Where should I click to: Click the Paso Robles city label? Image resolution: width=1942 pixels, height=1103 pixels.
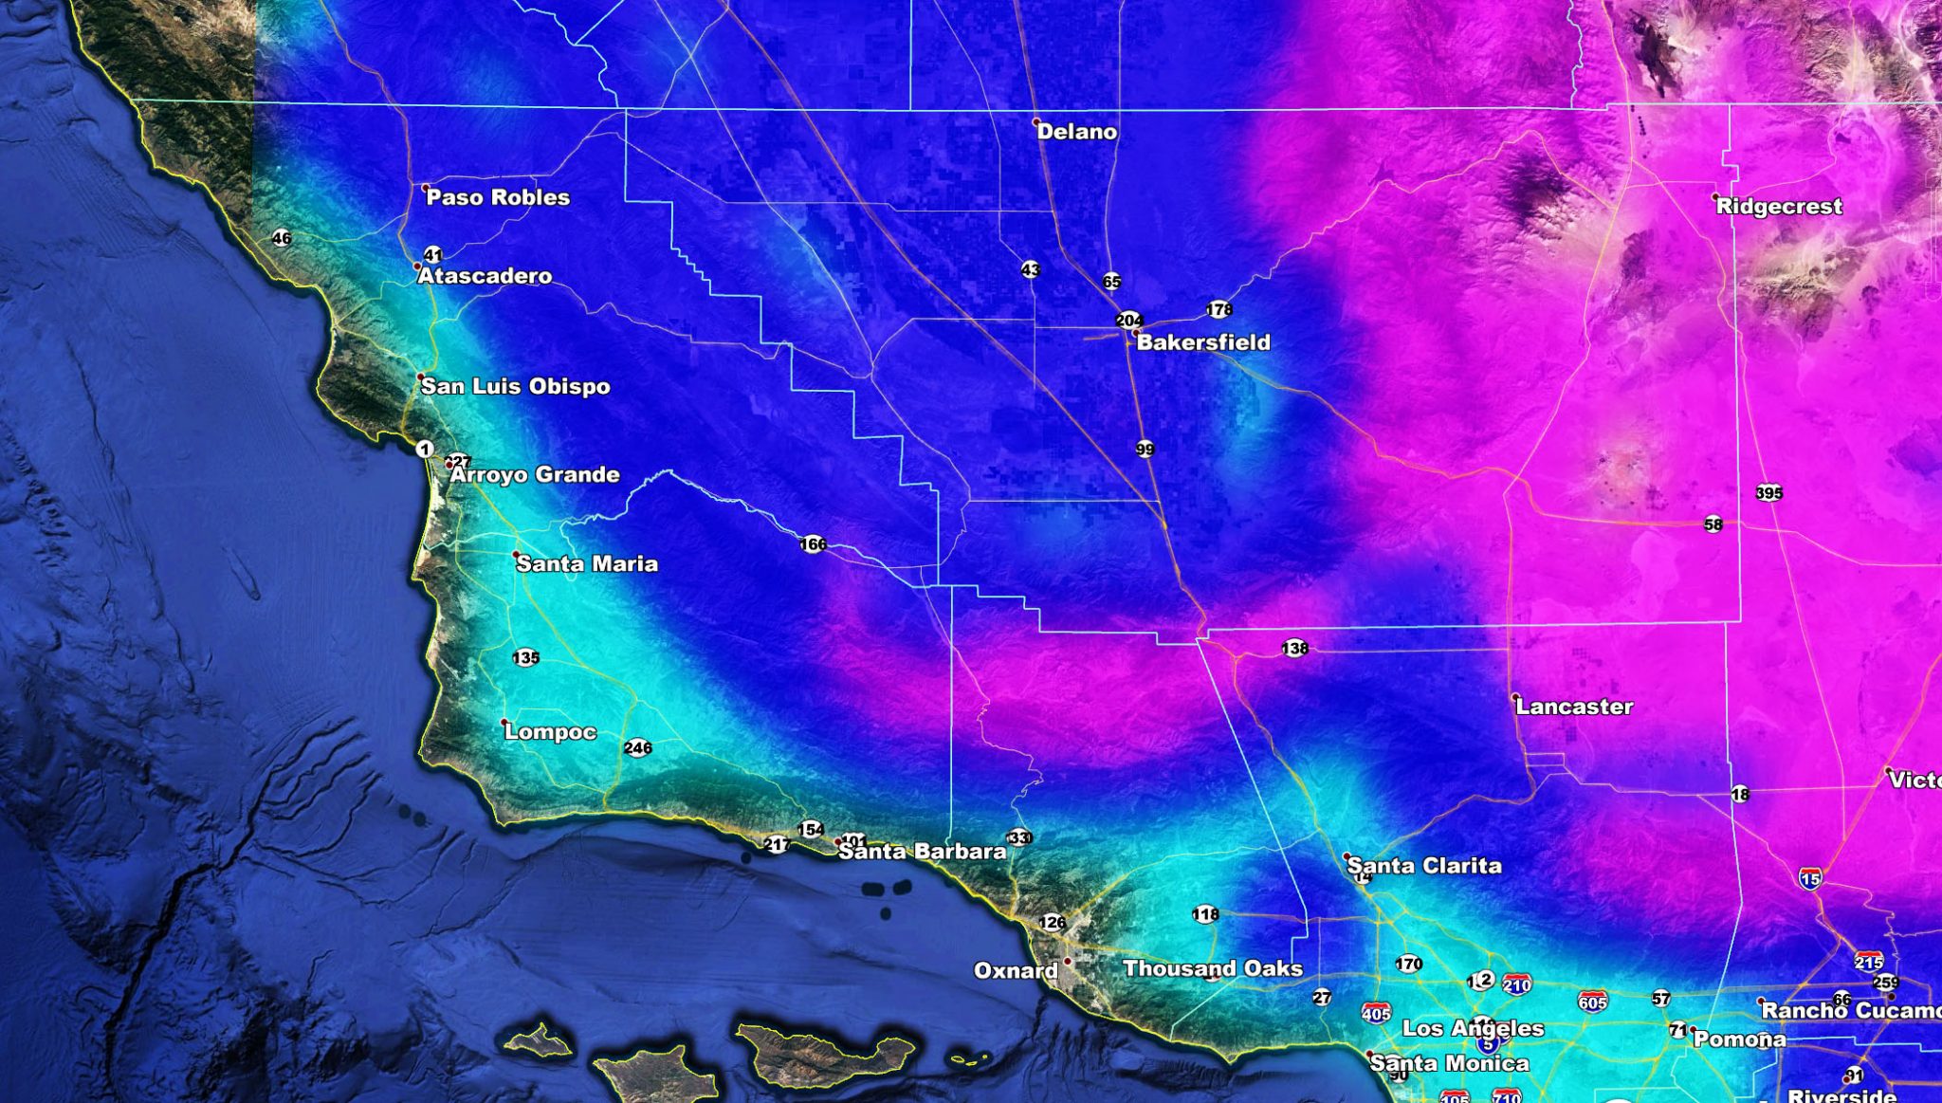click(498, 197)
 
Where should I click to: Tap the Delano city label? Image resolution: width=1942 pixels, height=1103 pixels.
click(1076, 132)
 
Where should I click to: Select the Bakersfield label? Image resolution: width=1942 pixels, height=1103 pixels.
click(1202, 342)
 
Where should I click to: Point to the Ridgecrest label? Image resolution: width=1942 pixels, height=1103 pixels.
click(1779, 207)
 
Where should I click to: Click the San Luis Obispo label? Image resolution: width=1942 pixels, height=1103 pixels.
click(515, 386)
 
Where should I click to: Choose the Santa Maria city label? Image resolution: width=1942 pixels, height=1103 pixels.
click(586, 563)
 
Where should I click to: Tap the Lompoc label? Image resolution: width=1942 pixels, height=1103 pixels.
click(550, 731)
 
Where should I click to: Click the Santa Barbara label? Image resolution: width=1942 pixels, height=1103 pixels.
click(922, 852)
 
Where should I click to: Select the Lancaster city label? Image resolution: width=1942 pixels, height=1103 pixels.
click(1574, 707)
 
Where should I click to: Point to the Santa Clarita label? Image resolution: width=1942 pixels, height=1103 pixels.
click(1424, 865)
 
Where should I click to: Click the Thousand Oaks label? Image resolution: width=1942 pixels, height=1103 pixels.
click(1212, 968)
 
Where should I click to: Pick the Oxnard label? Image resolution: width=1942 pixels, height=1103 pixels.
click(1016, 970)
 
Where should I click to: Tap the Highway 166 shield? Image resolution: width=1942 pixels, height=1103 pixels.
click(813, 544)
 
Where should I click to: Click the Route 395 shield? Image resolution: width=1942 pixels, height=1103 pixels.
click(1769, 493)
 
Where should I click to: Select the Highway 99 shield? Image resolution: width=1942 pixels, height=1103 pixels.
click(1145, 449)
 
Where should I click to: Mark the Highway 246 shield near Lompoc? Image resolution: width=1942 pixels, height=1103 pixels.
click(638, 748)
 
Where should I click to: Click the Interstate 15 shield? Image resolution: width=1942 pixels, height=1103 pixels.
click(1809, 879)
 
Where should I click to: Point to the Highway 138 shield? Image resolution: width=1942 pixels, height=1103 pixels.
click(1294, 649)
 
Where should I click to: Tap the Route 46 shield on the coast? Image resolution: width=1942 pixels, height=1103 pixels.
click(282, 238)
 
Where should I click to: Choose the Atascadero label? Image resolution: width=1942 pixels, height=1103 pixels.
click(485, 276)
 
